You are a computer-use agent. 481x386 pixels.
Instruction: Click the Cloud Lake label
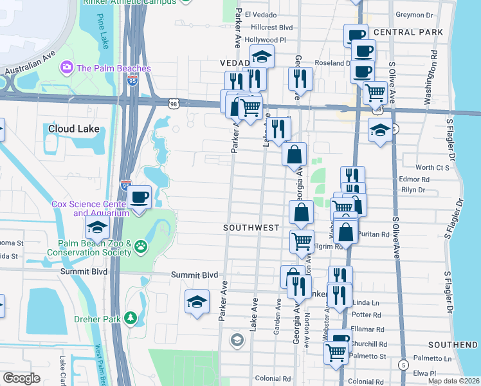(x=74, y=129)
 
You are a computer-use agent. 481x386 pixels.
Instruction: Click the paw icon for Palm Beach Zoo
(x=141, y=245)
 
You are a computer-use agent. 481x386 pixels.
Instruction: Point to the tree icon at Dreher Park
(x=131, y=318)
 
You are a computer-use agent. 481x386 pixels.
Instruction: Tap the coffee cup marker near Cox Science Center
(x=139, y=197)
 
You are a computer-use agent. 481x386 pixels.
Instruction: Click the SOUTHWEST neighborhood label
(x=251, y=228)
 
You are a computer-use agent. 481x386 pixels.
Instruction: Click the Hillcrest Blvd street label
(x=271, y=28)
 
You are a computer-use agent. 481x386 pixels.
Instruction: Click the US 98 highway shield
(x=174, y=104)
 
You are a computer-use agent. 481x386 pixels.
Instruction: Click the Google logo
(x=21, y=378)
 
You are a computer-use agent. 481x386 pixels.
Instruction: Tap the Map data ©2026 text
(x=453, y=381)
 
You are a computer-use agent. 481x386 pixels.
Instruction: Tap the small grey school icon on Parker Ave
(x=237, y=339)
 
